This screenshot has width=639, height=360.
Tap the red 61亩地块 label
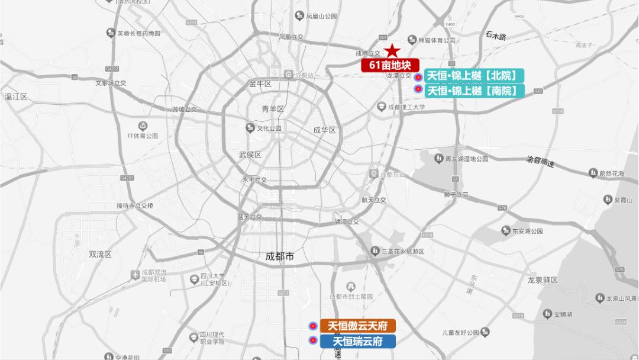[390, 65]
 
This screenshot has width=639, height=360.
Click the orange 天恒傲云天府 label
[358, 326]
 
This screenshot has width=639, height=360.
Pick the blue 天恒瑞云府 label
[358, 341]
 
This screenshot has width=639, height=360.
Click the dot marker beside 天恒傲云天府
[312, 326]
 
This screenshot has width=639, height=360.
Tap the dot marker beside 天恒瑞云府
[312, 340]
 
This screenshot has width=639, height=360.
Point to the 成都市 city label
[280, 256]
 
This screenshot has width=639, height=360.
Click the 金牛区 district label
[260, 84]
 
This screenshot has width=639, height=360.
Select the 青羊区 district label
[273, 109]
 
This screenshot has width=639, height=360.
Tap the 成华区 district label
[324, 130]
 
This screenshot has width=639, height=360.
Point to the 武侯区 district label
[250, 155]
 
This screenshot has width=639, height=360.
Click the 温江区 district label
[16, 96]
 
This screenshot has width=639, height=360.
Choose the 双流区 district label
[100, 254]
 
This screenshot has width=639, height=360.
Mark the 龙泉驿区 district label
[543, 280]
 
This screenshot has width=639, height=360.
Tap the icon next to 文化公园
[250, 128]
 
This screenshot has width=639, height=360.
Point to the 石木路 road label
[496, 37]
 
